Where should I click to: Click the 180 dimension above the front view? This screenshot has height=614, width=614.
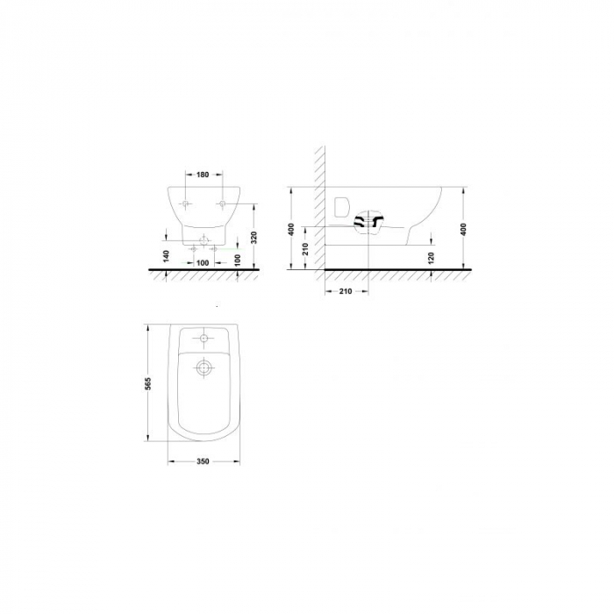tap(203, 175)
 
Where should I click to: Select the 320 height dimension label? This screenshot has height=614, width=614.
tap(253, 237)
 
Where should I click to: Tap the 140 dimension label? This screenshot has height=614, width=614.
tap(166, 257)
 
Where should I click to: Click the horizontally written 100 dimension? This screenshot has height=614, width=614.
tap(202, 262)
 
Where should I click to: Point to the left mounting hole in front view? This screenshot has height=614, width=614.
tap(184, 204)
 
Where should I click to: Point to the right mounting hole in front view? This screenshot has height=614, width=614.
tap(223, 204)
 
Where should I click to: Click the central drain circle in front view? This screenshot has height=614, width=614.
tap(203, 239)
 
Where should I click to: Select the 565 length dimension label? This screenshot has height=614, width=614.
tap(148, 384)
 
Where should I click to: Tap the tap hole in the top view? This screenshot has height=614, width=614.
tap(204, 338)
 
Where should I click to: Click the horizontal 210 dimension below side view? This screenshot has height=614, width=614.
tap(344, 291)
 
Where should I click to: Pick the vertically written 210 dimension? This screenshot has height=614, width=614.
tap(303, 249)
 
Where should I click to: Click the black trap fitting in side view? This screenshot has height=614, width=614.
tap(370, 224)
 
